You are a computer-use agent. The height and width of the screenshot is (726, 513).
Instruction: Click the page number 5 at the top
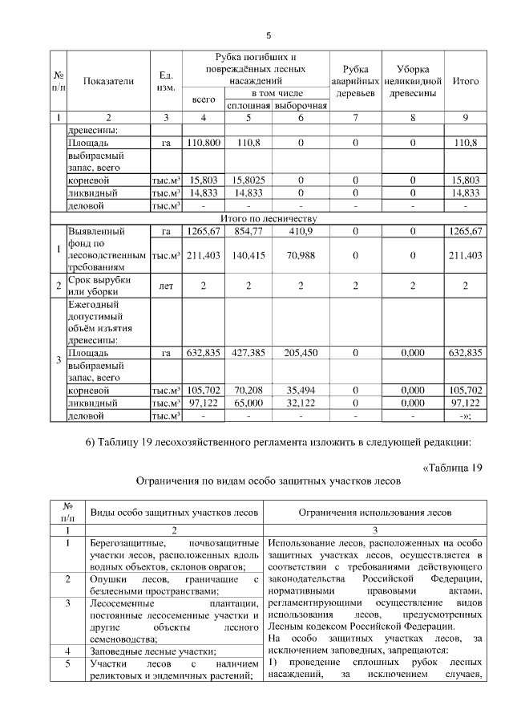(x=269, y=35)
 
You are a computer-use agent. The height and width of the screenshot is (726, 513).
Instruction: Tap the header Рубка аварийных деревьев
(x=354, y=81)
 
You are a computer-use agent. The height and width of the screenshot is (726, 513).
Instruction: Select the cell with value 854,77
(x=248, y=231)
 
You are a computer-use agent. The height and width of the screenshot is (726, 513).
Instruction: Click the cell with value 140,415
(x=248, y=256)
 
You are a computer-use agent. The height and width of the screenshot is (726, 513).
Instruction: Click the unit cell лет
(x=166, y=285)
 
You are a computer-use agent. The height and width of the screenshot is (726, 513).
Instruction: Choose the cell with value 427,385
(x=248, y=352)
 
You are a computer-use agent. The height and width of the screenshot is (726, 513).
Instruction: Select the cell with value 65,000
(x=248, y=403)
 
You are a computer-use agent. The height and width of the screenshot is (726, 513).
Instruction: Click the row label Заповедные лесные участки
(x=143, y=651)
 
